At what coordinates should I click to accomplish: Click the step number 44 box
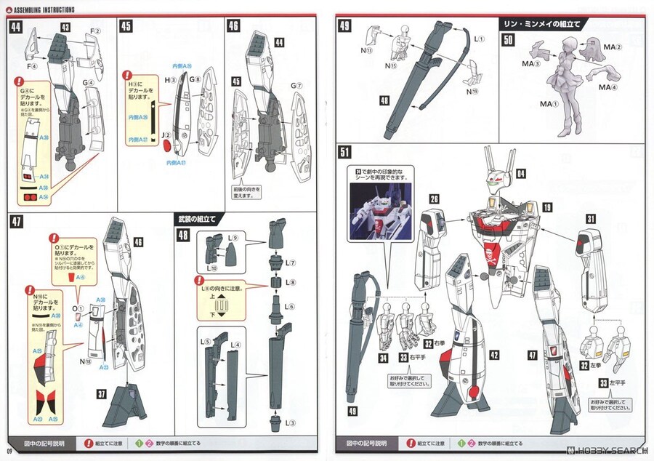15,27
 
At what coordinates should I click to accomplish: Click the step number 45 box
126,27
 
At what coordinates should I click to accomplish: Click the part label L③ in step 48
290,422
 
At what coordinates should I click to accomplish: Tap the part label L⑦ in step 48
290,261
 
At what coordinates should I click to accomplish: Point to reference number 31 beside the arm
590,218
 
